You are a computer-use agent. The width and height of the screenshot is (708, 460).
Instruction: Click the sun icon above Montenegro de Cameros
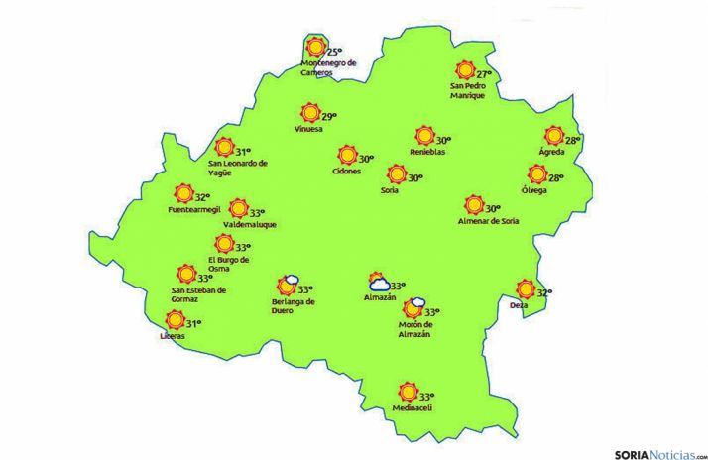click(x=315, y=48)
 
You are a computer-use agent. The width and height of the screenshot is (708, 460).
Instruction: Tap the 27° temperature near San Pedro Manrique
click(x=484, y=74)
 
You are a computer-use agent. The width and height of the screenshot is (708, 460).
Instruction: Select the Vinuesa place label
click(x=309, y=129)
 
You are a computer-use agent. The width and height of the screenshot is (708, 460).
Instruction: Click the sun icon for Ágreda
click(x=553, y=137)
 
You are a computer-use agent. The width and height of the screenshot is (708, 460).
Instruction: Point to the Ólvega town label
click(x=535, y=190)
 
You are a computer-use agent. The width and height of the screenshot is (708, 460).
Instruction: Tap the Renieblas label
click(x=427, y=152)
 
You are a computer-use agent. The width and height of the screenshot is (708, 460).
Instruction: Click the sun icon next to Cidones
click(x=346, y=156)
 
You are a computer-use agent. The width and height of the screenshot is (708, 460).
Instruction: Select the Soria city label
click(x=389, y=190)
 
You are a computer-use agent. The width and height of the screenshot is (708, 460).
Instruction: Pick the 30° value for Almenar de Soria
click(x=493, y=208)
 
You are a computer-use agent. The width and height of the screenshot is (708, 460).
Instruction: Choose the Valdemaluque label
click(x=236, y=224)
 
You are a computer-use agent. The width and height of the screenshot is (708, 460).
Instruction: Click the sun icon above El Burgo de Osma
click(x=224, y=245)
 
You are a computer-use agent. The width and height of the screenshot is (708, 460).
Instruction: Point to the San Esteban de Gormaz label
click(x=198, y=294)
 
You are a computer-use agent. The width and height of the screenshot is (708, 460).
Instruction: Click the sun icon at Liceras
click(x=175, y=320)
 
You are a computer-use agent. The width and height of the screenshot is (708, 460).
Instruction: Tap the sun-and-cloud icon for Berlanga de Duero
click(x=288, y=286)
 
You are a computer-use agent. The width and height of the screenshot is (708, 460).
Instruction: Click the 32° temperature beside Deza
click(x=543, y=292)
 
